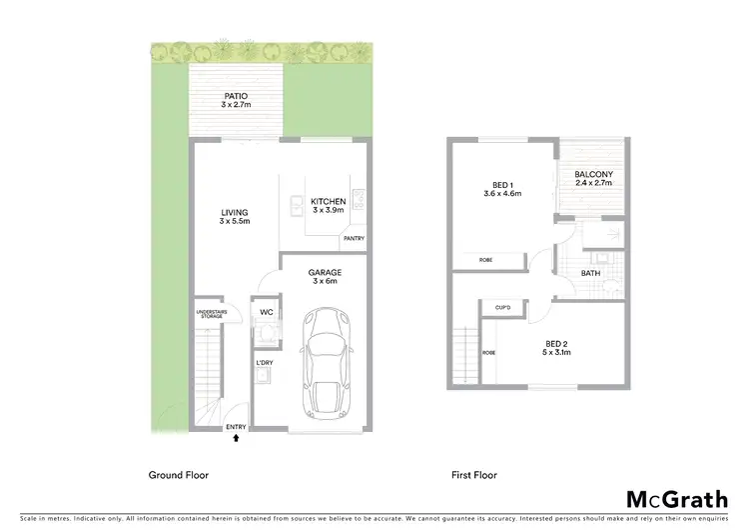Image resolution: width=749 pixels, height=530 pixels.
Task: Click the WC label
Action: point(267,313)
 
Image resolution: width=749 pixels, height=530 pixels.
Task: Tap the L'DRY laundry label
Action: point(265,361)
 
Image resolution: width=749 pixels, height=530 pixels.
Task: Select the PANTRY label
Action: point(354,239)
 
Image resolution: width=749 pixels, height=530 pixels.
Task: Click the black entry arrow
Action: point(237,437)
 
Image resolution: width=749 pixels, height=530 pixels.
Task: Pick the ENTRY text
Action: point(237,427)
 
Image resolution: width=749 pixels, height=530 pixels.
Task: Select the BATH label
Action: point(590,272)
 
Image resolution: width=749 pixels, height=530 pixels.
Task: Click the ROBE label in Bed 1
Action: point(485,260)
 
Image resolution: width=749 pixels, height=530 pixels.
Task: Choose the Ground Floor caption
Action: point(179,476)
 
